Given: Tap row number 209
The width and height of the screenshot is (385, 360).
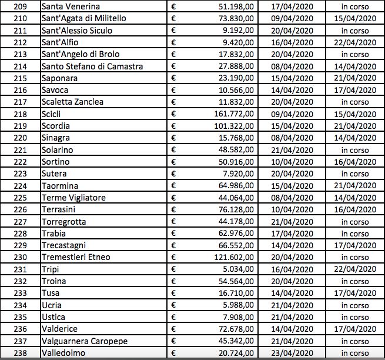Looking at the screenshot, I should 20,6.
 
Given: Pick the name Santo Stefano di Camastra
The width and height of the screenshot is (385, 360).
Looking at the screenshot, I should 92,66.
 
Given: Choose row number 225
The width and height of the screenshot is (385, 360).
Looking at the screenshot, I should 20,198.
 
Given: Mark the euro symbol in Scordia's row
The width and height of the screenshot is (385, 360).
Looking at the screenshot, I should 173,126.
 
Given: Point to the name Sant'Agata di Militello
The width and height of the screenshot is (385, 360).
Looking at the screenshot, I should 84,18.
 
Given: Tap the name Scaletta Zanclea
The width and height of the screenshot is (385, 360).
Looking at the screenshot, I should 73,102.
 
